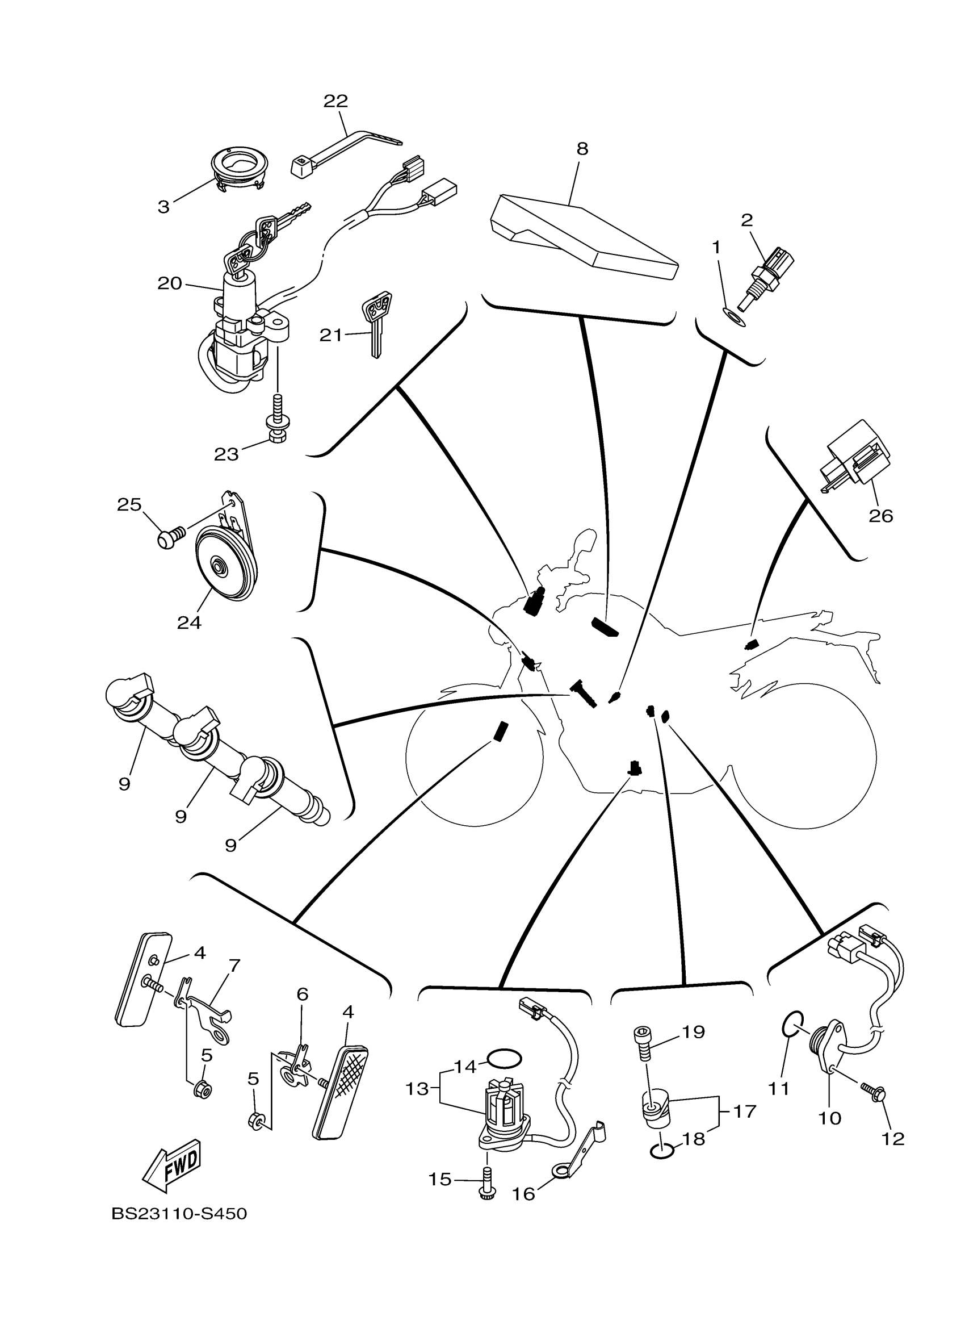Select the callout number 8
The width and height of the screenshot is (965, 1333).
pos(581,149)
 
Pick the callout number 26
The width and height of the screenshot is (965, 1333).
pos(880,516)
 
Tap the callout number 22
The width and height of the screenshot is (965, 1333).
pos(335,101)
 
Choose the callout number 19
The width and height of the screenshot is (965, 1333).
pos(694,1031)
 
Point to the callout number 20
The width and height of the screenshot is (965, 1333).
pos(170,284)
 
